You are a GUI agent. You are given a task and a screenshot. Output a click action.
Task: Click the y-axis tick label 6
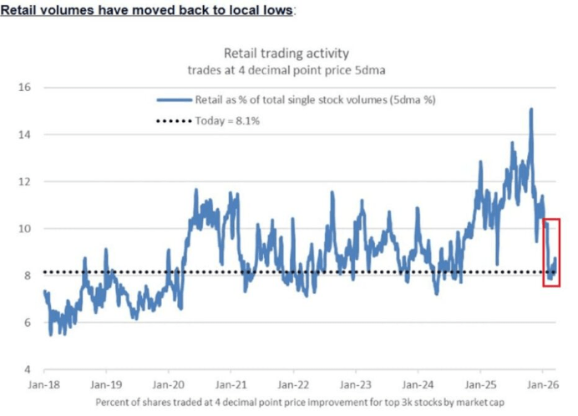[26, 322]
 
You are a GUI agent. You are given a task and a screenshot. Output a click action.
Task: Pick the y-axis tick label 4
[26, 369]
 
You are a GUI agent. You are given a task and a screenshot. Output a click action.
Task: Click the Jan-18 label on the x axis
[43, 386]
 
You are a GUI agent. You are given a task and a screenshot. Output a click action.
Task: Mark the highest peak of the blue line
[530, 109]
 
